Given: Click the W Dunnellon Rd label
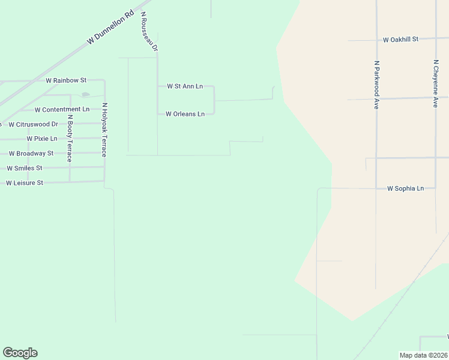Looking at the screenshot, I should click(110, 27).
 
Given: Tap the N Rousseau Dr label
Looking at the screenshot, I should click(148, 31).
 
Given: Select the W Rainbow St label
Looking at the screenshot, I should click(66, 80).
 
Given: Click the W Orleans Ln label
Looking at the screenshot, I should click(185, 113).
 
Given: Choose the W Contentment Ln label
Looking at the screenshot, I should click(62, 109).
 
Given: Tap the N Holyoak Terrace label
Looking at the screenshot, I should click(104, 130).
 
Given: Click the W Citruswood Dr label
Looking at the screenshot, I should click(33, 124).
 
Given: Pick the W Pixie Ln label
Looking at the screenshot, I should click(46, 139).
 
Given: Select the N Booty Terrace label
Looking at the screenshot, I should click(70, 139).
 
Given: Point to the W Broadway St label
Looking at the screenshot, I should click(31, 154).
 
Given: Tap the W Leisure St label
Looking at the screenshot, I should click(25, 182).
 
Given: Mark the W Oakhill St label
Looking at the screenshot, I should click(400, 39).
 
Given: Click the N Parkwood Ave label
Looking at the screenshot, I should click(376, 84).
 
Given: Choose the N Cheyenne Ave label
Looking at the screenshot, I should click(436, 83).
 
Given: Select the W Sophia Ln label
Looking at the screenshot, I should click(405, 188).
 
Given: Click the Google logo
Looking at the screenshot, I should click(20, 353).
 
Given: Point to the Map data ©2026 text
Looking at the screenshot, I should click(423, 355).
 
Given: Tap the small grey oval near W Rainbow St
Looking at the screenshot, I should click(85, 94).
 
